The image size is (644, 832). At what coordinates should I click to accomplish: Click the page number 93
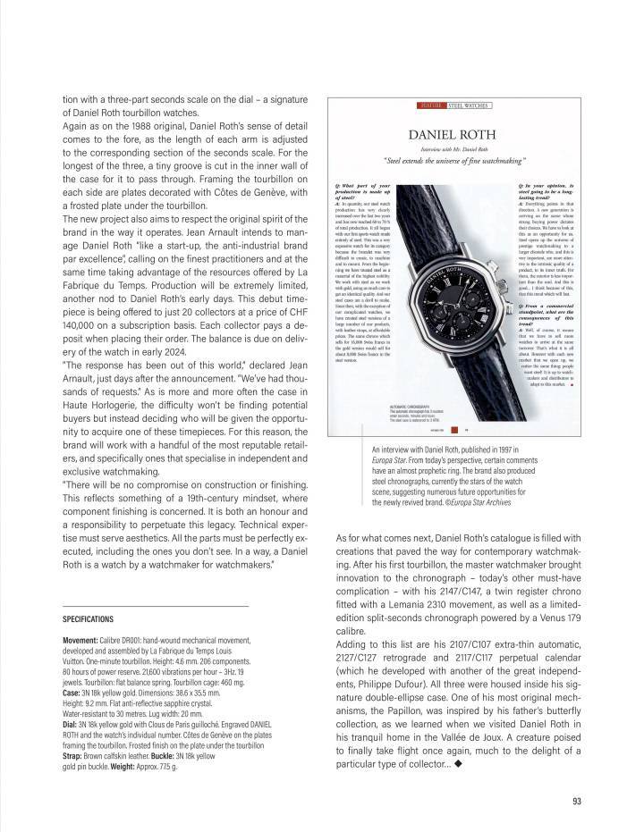click(x=577, y=801)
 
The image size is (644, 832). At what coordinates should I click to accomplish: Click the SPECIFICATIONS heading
click(x=89, y=618)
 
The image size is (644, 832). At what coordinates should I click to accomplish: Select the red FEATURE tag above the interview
click(x=432, y=105)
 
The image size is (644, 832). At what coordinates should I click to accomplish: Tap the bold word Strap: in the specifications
click(x=74, y=756)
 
